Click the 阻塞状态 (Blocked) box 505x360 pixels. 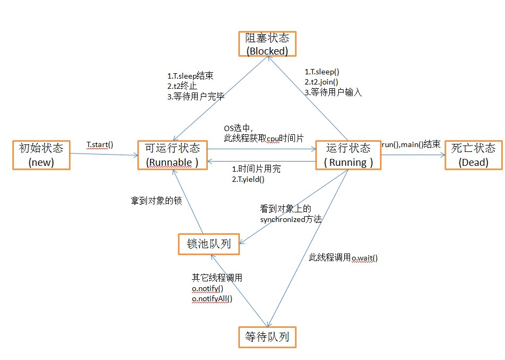267,44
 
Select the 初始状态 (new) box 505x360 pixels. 41,155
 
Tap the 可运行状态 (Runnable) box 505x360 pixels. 172,155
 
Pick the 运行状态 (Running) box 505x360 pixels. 348,155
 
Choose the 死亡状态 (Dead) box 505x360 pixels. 474,155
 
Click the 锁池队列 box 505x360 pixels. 209,244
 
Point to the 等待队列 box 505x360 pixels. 267,337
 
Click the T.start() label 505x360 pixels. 100,145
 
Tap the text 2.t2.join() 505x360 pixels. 321,82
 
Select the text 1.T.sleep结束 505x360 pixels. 190,76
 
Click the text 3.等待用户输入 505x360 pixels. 333,92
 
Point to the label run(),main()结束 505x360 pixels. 410,144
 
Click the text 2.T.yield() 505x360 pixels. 248,179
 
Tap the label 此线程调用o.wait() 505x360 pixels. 343,258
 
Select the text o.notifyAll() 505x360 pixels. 212,298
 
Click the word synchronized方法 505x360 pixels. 291,219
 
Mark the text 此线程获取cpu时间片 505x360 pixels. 264,139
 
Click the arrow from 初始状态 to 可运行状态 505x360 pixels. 104,155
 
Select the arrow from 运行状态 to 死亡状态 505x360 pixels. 413,155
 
